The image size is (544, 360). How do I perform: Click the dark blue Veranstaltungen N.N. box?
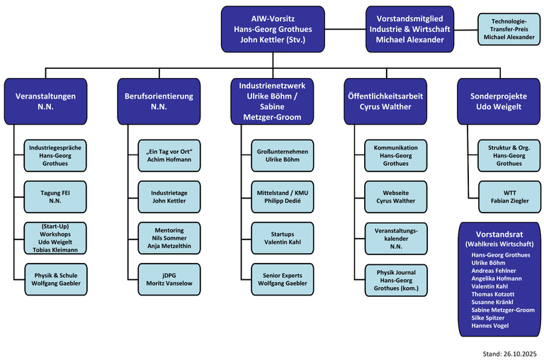click(46, 101)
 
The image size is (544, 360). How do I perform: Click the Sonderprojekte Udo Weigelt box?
click(496, 101)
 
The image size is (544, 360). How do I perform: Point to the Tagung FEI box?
click(55, 196)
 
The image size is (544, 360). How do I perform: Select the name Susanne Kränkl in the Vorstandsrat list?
click(492, 302)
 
